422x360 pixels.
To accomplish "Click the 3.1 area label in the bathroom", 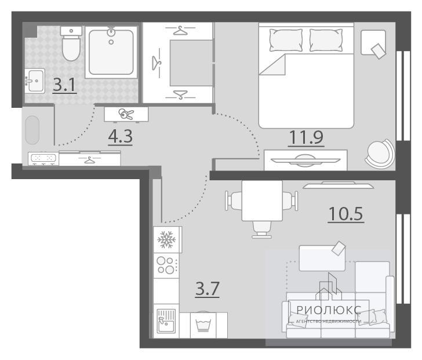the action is click(x=64, y=85).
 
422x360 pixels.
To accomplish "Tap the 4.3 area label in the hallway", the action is click(x=121, y=136).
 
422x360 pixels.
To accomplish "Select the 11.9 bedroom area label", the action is click(x=306, y=137).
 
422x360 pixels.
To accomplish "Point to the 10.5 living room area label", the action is click(x=346, y=214).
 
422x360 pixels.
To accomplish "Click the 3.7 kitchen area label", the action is click(x=208, y=289).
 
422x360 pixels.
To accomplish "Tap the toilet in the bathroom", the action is click(x=71, y=43).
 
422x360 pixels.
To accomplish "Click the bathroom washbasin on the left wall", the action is click(x=35, y=81).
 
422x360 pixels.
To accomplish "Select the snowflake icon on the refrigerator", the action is click(x=166, y=239).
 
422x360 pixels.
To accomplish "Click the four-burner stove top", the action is click(x=166, y=266).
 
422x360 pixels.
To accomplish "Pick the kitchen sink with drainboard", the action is click(x=166, y=321).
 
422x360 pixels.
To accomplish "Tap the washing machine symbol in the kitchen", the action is click(x=203, y=325).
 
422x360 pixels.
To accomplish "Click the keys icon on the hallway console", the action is click(x=126, y=114).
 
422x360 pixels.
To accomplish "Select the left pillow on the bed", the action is click(x=286, y=40).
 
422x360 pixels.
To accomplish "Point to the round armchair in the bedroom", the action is click(x=380, y=154).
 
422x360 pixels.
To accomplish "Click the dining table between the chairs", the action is click(x=262, y=201).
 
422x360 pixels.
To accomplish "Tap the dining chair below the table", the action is click(x=262, y=230).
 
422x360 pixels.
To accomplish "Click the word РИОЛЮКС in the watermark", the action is click(x=329, y=310).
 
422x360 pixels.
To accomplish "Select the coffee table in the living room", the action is click(x=322, y=258).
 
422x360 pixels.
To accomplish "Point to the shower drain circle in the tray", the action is click(x=111, y=42).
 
